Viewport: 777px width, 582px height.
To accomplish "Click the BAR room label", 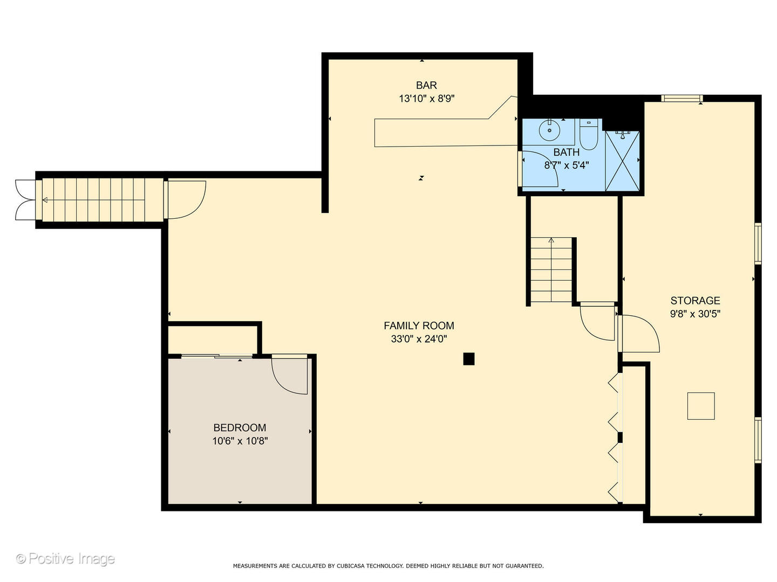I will coord(426,85).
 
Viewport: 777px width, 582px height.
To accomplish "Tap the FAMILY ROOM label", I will coord(419,325).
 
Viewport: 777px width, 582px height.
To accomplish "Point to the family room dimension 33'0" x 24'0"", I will coord(419,339).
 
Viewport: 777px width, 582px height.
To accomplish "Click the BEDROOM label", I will coord(240,427).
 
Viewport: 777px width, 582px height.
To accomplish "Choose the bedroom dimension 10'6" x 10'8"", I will coord(240,441).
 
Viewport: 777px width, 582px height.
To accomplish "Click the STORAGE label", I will coord(695,301).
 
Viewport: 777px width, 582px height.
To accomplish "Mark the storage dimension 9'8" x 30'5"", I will coord(695,314).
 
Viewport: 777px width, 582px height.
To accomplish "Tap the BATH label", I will coord(566,153).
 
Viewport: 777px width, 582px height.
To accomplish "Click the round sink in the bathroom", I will coord(549,130).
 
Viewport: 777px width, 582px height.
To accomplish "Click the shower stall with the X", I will coord(622,161).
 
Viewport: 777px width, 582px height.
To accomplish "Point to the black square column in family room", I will coord(469,359).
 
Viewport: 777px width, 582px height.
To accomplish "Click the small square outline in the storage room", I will coord(700,406).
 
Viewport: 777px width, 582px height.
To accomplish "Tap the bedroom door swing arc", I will coord(289,376).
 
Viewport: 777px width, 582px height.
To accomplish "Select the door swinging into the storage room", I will coord(639,334).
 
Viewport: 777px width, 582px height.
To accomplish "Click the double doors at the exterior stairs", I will coord(24,200).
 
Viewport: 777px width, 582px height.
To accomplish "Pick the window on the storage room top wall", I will coord(682,98).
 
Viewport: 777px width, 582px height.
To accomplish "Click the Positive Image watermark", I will coord(65,559).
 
